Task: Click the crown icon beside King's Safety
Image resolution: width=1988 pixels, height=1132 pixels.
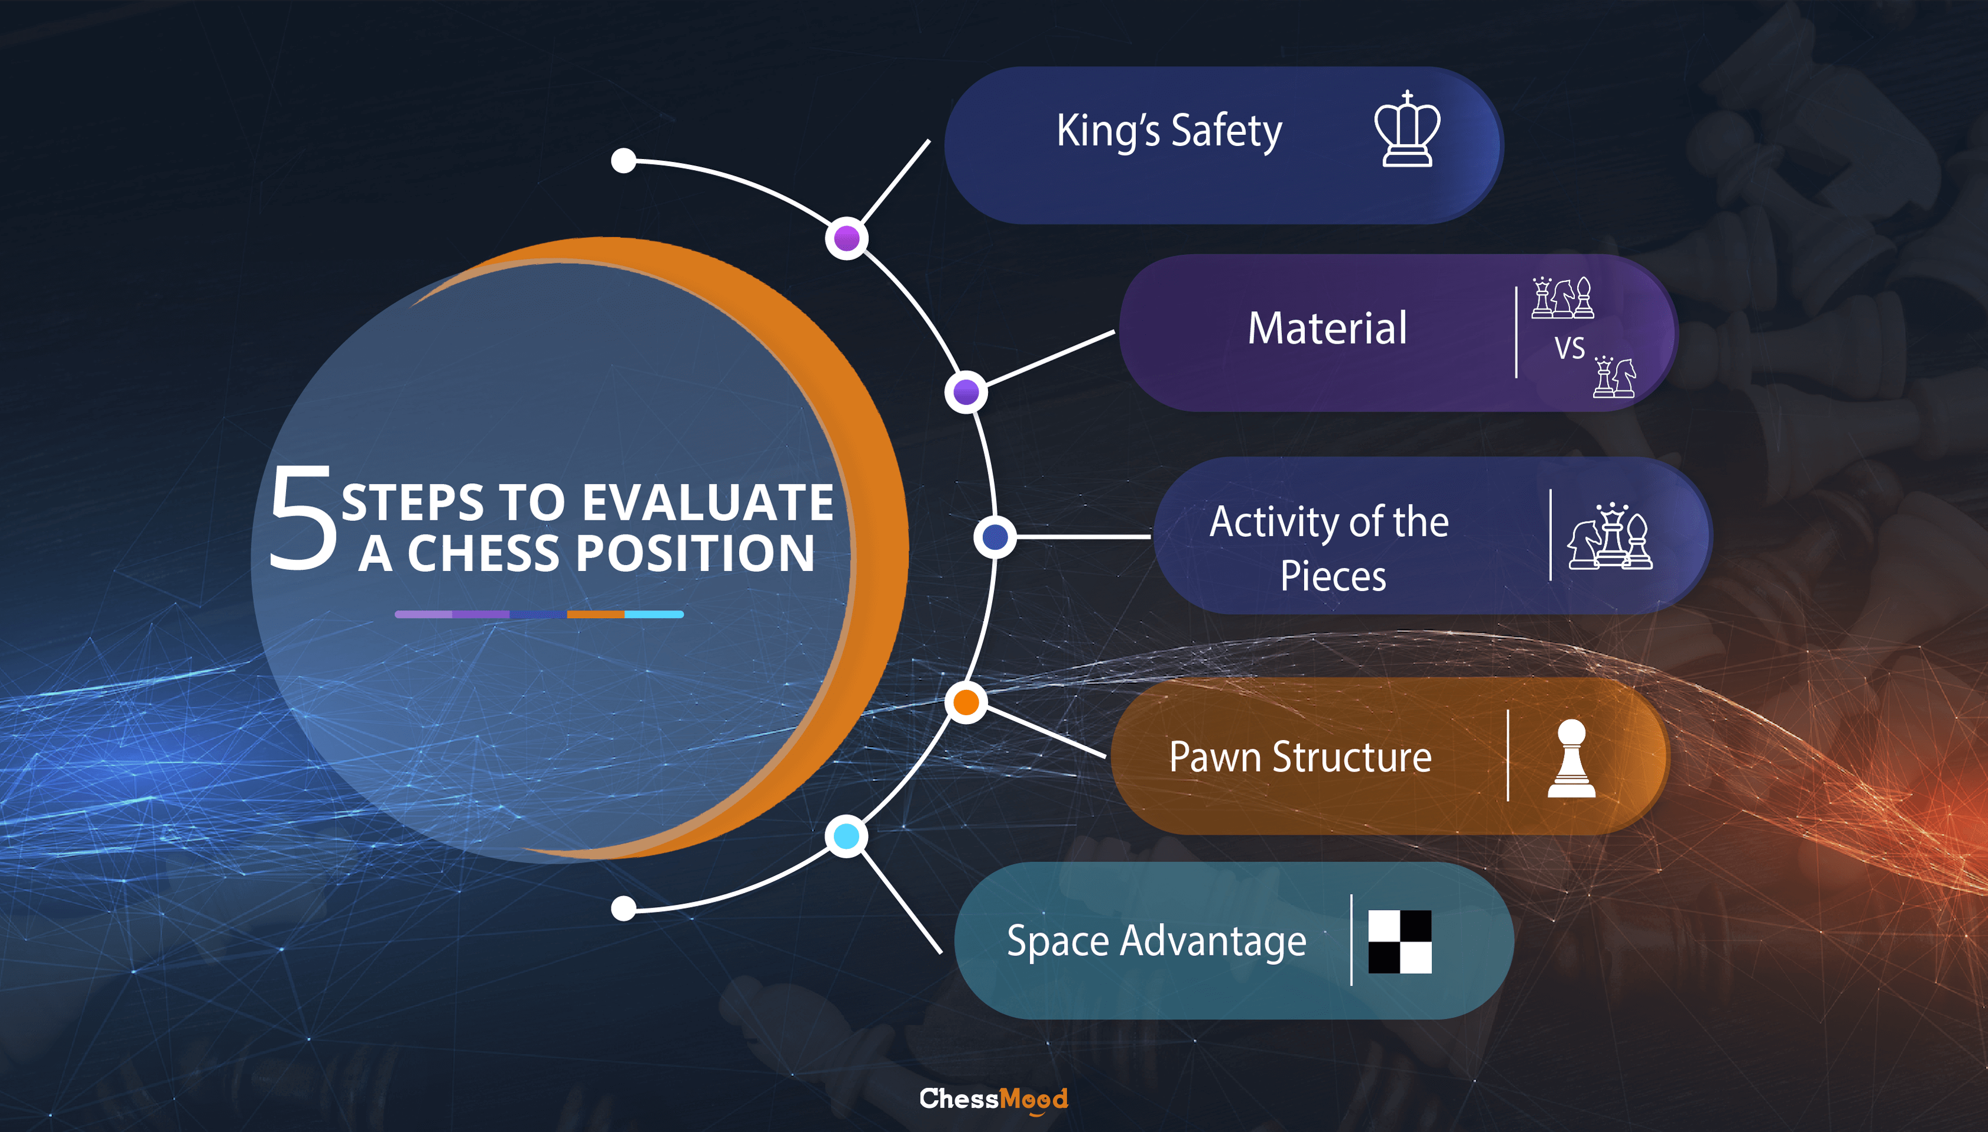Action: coord(1407,129)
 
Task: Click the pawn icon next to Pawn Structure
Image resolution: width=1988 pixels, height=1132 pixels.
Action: coord(1571,758)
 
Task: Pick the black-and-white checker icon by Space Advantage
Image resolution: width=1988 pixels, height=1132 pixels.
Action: coord(1399,941)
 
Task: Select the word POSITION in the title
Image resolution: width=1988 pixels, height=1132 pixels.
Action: coord(696,553)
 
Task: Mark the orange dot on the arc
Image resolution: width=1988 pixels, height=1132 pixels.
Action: coord(966,702)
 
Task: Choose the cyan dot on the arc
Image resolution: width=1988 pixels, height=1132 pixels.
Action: coord(846,836)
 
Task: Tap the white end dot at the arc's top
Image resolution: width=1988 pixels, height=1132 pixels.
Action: coord(623,161)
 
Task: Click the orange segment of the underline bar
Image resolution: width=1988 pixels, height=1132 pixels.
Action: coord(596,614)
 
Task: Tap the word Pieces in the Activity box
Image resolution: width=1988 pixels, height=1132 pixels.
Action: coord(1333,577)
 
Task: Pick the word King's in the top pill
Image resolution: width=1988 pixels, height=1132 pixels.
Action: coord(1108,131)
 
